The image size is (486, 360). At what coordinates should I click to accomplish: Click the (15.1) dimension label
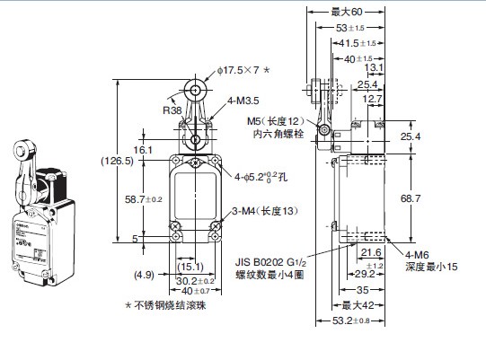(189, 266)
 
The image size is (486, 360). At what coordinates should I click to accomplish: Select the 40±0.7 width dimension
(195, 291)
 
